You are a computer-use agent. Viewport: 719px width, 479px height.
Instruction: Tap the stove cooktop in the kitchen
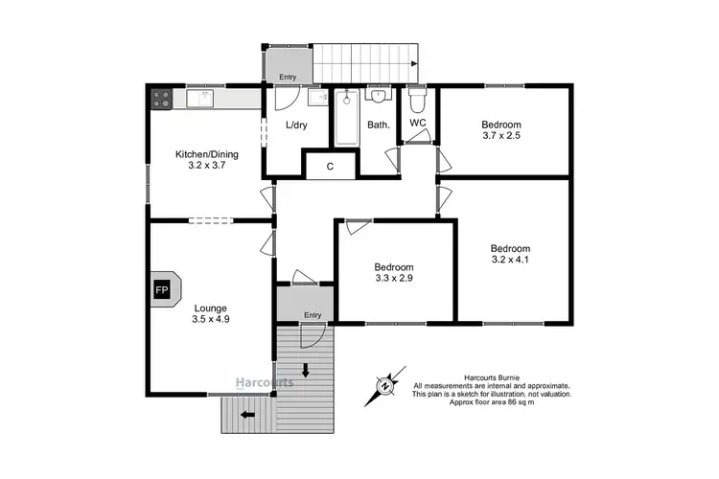[x=159, y=97]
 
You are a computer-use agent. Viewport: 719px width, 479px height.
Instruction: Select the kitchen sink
[x=202, y=97]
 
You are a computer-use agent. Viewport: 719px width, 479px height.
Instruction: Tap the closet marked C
[x=330, y=166]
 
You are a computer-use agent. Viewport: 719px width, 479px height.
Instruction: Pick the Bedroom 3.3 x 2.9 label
[x=394, y=273]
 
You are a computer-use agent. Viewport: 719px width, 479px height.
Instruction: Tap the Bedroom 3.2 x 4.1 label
[x=510, y=254]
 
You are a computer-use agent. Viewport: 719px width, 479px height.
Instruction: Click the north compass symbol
[x=385, y=386]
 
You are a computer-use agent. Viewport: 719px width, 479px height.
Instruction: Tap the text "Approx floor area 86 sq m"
[x=492, y=403]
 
